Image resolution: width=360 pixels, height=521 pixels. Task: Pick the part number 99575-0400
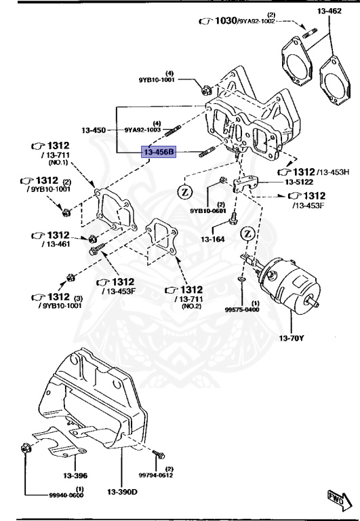(x=245, y=309)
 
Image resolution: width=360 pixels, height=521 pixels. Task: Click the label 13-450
(x=94, y=130)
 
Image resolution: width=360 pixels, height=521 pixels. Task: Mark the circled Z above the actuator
(x=248, y=234)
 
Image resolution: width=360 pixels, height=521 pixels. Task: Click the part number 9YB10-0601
(x=207, y=210)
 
